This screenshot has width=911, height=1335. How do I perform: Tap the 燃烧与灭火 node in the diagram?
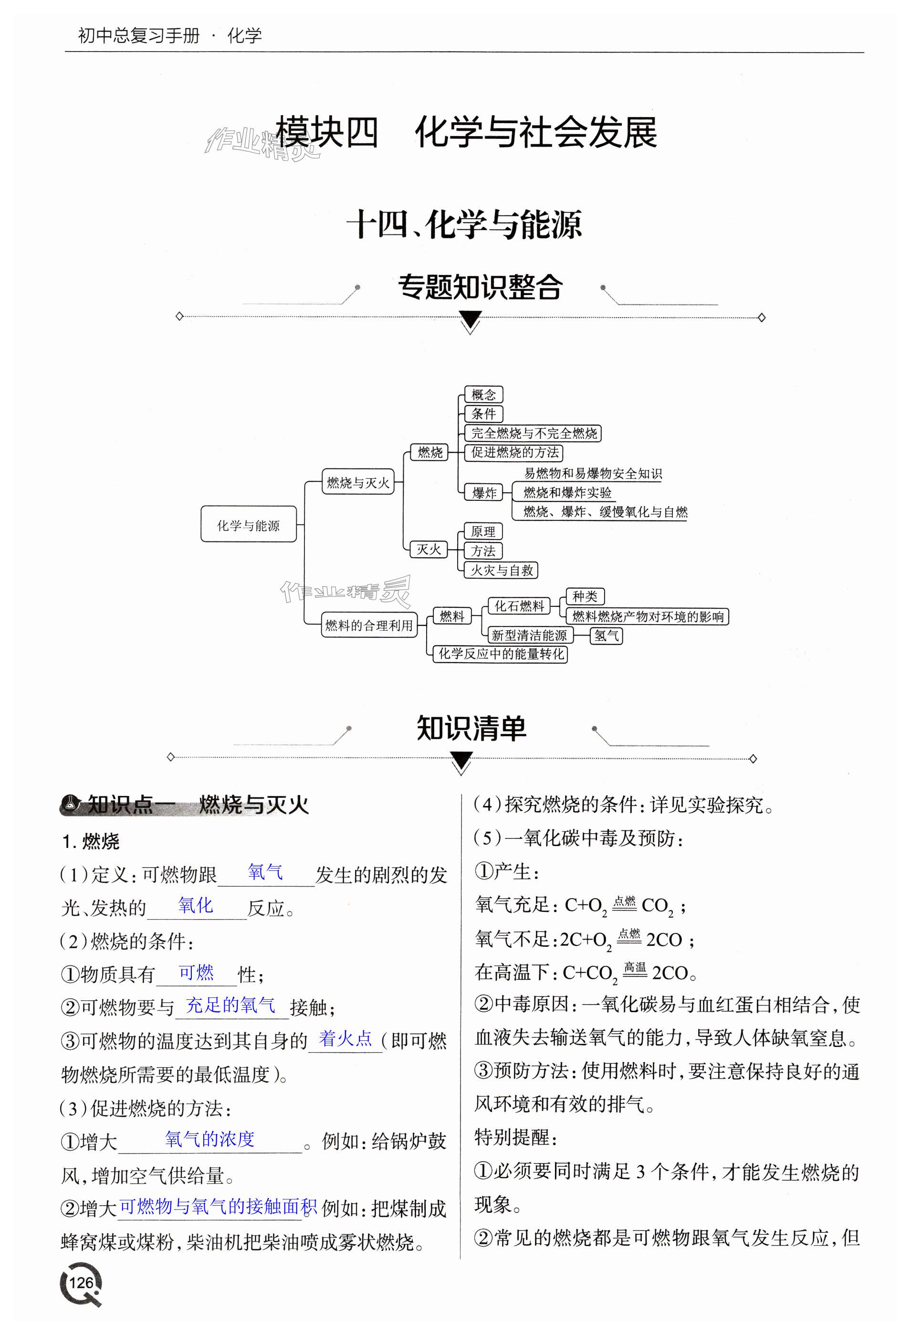(357, 483)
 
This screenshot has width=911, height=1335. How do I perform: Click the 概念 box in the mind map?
(483, 395)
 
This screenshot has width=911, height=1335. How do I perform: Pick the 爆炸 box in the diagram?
(484, 492)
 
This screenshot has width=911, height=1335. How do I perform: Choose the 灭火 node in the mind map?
(428, 550)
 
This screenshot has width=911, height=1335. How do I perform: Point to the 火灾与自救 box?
(501, 570)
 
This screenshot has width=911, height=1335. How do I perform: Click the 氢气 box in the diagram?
(606, 636)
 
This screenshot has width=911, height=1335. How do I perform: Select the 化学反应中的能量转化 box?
(501, 654)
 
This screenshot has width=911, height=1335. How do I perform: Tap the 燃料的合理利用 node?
(368, 625)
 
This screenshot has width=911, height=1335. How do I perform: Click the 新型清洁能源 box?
(529, 635)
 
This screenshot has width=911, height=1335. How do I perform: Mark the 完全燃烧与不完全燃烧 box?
(533, 433)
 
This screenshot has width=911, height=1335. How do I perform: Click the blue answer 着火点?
(346, 1038)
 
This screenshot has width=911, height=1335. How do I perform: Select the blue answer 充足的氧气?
(231, 1005)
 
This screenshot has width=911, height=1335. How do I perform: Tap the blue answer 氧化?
(195, 905)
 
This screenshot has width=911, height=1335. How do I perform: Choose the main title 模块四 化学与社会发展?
(466, 133)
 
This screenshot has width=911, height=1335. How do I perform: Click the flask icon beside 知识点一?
(71, 803)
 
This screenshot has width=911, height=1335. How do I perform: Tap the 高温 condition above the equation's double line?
(635, 967)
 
